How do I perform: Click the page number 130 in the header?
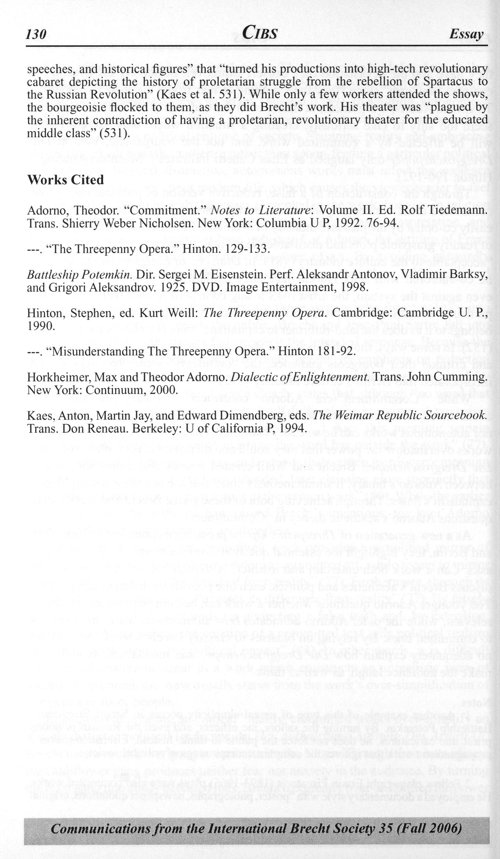point(36,35)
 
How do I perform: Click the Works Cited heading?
point(65,180)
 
